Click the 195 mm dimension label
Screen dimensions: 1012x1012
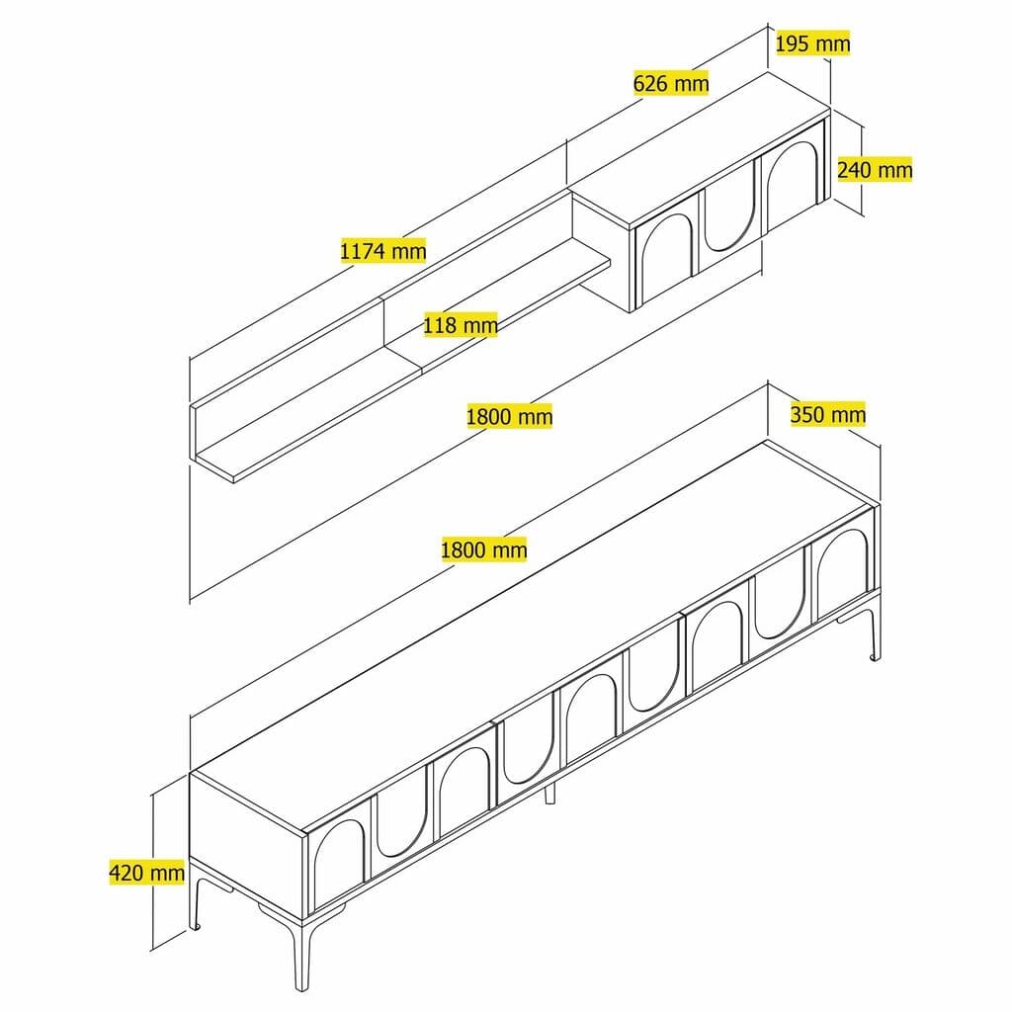(x=812, y=43)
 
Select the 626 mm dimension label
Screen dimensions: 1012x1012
(x=671, y=83)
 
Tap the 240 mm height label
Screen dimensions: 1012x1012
(x=875, y=169)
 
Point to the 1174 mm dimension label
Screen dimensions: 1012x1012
(x=382, y=250)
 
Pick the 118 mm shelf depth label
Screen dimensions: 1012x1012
(x=460, y=324)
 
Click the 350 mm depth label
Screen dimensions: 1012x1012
(x=827, y=414)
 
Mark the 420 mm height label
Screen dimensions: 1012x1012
(x=146, y=873)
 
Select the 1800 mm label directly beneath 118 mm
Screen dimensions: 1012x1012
(x=509, y=416)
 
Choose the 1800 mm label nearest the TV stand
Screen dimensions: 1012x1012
(x=483, y=548)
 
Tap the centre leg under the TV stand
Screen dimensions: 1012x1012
(x=550, y=791)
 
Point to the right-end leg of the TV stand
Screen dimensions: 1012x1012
(x=874, y=637)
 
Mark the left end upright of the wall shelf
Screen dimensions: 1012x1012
(x=195, y=430)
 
